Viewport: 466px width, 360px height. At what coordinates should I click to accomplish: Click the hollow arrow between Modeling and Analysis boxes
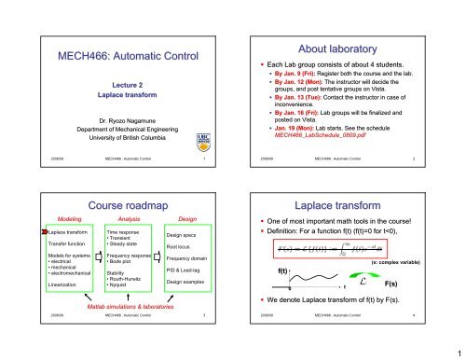click(x=95, y=256)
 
